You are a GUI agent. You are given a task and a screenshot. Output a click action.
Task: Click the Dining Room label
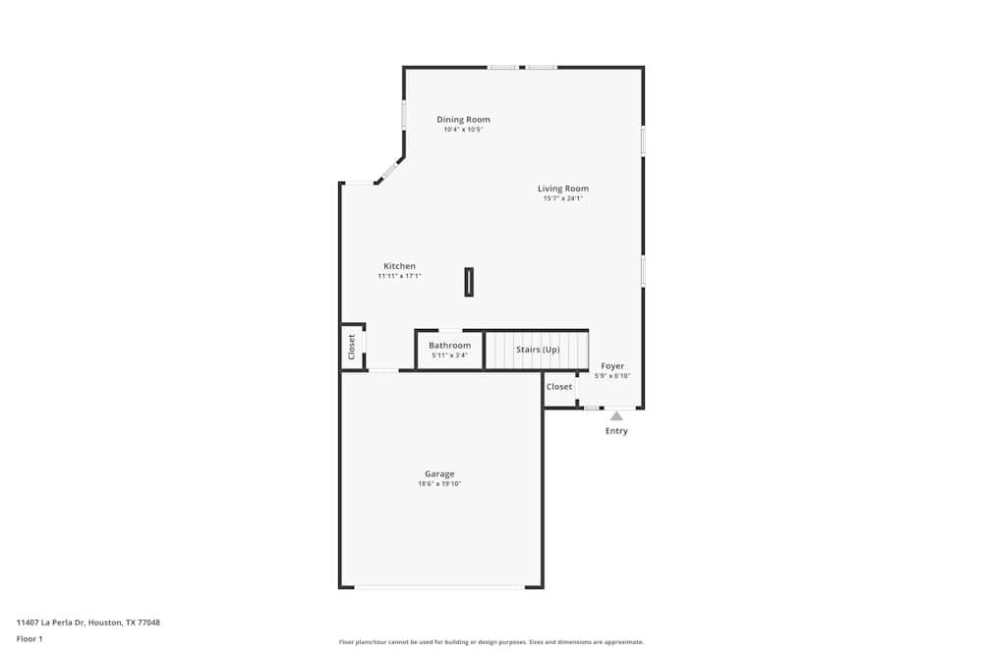pyautogui.click(x=463, y=119)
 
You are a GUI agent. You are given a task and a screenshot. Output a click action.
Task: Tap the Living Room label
pyautogui.click(x=563, y=188)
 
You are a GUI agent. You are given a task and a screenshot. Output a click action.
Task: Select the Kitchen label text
pyautogui.click(x=399, y=265)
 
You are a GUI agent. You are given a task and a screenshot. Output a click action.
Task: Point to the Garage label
pyautogui.click(x=439, y=474)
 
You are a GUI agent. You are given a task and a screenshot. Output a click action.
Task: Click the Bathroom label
pyautogui.click(x=449, y=345)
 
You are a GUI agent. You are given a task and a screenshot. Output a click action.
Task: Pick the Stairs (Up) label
pyautogui.click(x=538, y=350)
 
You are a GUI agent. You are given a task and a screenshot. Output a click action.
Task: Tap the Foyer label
pyautogui.click(x=612, y=365)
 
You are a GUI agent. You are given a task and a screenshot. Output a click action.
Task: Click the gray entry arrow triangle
pyautogui.click(x=617, y=415)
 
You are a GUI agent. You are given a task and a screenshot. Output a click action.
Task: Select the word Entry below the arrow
pyautogui.click(x=616, y=431)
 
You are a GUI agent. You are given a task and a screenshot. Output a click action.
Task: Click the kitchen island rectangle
pyautogui.click(x=469, y=282)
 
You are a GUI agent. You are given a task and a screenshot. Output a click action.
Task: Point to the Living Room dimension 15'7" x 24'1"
pyautogui.click(x=563, y=198)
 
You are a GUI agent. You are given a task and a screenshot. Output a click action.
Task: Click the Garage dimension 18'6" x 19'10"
pyautogui.click(x=439, y=484)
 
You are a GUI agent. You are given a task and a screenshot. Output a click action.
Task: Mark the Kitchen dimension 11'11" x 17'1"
pyautogui.click(x=399, y=276)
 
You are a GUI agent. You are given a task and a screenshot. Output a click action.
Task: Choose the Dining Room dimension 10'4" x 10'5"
pyautogui.click(x=463, y=130)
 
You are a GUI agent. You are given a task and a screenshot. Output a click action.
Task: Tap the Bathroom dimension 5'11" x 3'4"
pyautogui.click(x=449, y=355)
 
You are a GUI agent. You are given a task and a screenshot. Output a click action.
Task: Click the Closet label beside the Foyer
pyautogui.click(x=559, y=386)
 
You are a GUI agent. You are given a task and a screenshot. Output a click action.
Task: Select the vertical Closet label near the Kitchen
pyautogui.click(x=351, y=347)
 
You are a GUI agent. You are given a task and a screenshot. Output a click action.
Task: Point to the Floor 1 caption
pyautogui.click(x=29, y=638)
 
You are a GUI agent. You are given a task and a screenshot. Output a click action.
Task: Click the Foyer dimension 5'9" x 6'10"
pyautogui.click(x=612, y=376)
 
